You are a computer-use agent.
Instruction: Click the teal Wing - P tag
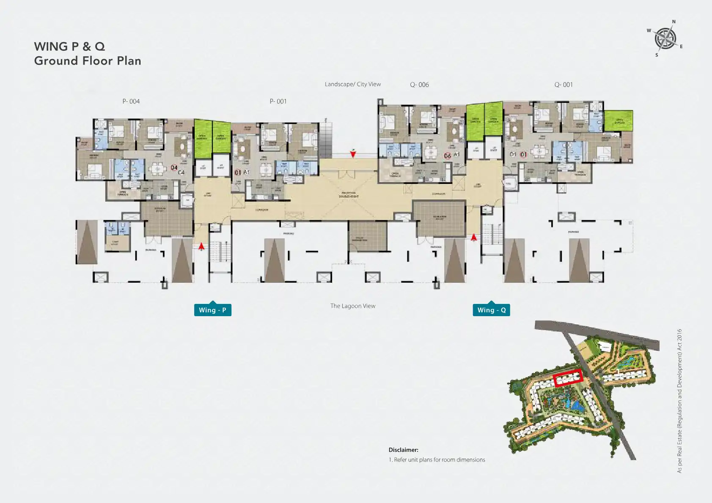point(212,310)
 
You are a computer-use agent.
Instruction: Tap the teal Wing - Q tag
point(491,310)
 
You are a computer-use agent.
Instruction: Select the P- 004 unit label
point(131,101)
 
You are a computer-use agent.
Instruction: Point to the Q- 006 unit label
point(419,85)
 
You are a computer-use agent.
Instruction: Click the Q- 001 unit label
point(564,85)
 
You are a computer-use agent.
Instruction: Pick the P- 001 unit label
point(278,101)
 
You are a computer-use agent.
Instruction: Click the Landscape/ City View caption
point(353,84)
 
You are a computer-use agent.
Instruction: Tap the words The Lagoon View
point(353,306)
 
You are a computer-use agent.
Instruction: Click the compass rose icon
point(665,38)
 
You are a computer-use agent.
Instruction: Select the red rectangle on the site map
point(568,377)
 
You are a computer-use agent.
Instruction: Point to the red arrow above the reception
point(353,153)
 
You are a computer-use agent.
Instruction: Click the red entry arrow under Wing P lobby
point(201,246)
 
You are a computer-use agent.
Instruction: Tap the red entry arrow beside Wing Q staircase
point(474,237)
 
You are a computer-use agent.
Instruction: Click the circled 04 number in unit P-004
point(174,168)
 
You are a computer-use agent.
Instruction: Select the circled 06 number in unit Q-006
point(447,156)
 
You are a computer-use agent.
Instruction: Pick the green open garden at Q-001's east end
point(618,120)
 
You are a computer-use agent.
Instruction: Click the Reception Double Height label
point(349,195)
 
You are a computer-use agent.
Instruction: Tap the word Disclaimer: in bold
point(403,450)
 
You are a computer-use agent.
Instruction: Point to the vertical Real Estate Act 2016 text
point(679,401)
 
